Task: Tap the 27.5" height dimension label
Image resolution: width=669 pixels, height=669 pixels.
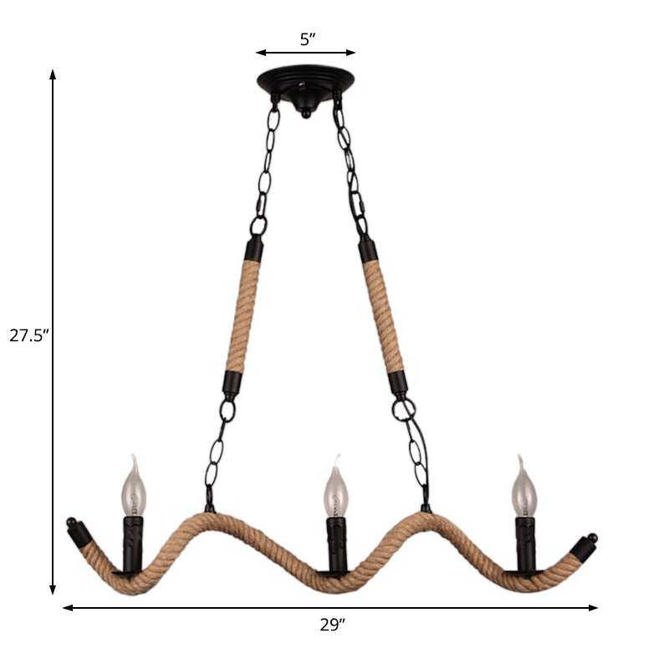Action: coord(30,336)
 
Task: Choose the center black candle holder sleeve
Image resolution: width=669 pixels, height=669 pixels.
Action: coord(335,545)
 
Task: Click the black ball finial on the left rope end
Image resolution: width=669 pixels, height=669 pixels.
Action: coord(74,526)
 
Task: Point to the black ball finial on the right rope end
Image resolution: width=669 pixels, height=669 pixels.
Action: coord(592,538)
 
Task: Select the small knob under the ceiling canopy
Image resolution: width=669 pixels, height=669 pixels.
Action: coord(306,110)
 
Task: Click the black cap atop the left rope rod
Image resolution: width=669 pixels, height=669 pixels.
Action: coord(252,249)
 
